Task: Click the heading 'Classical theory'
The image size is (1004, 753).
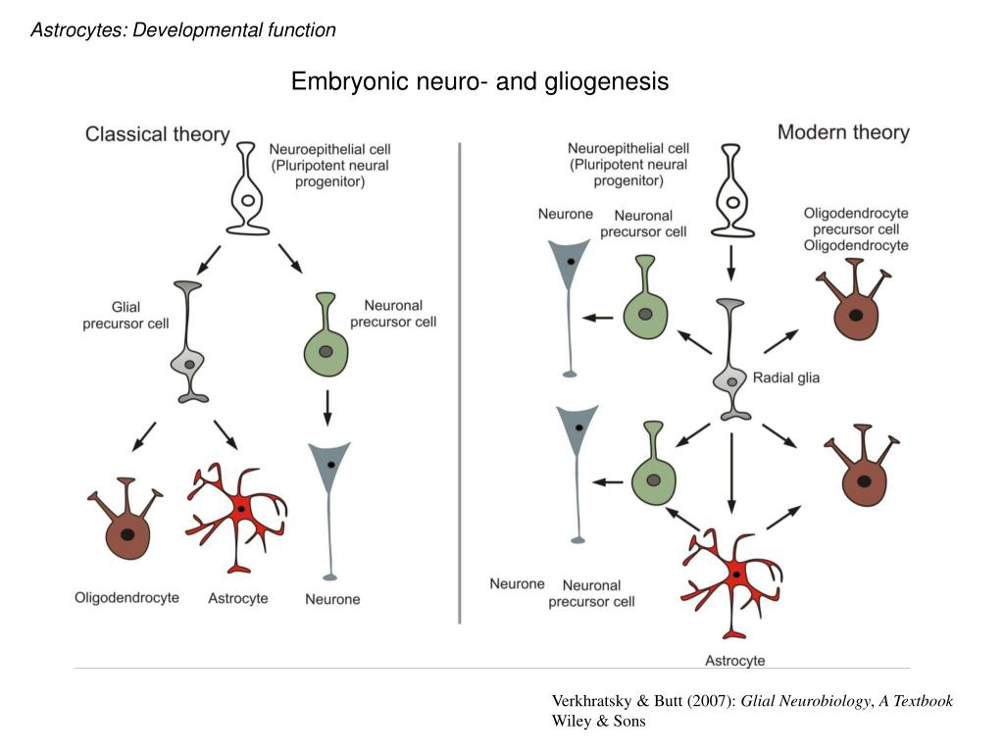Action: [x=158, y=134]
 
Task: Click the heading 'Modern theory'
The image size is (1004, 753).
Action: [x=843, y=131]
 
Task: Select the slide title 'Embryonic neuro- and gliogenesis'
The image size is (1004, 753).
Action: [x=479, y=81]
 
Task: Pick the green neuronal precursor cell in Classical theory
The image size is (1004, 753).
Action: [x=326, y=343]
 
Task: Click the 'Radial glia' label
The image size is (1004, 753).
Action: [x=785, y=376]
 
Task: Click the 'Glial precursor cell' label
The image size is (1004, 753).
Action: [x=125, y=316]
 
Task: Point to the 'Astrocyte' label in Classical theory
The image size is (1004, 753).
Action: [x=238, y=598]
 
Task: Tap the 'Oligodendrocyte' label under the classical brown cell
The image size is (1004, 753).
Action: [x=126, y=597]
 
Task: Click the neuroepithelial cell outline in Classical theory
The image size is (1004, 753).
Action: [x=247, y=191]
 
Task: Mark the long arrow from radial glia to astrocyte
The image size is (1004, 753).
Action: [x=730, y=472]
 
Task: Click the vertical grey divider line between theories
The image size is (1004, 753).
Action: [x=460, y=382]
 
